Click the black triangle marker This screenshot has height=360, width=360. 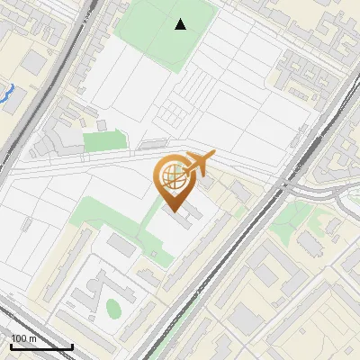point(181,24)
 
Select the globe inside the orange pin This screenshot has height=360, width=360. point(171,176)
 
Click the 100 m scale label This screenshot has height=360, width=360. point(24,338)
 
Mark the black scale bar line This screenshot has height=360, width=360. point(41,346)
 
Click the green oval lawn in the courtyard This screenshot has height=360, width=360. point(113,309)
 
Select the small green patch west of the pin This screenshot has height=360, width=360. point(104,141)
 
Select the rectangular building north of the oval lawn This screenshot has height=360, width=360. point(120,245)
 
